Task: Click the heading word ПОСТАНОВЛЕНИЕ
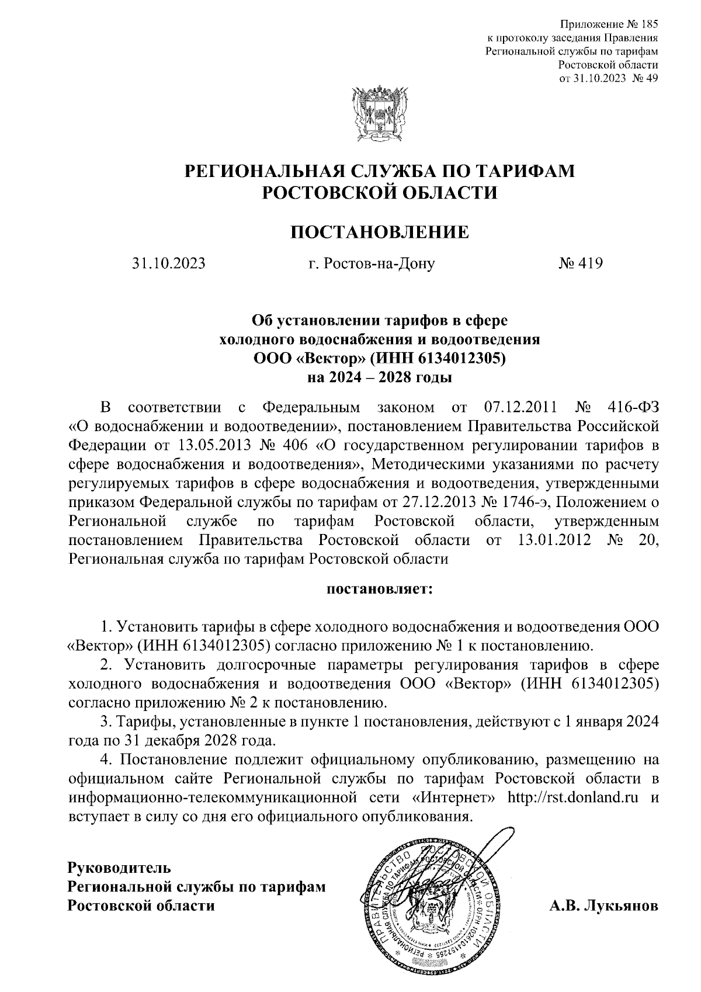(380, 232)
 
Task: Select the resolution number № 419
(581, 263)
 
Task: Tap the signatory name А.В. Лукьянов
(603, 906)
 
